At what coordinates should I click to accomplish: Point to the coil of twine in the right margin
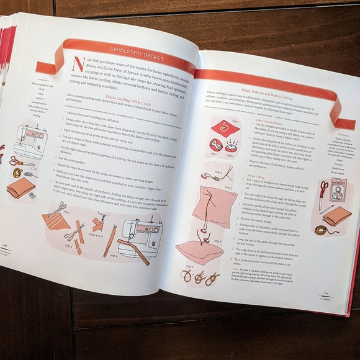coord(323,230)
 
